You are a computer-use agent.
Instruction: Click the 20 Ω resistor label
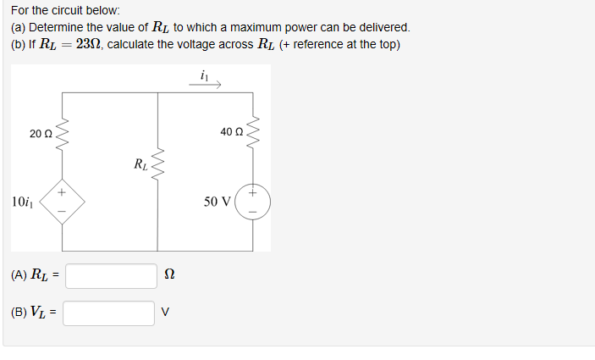tap(40, 133)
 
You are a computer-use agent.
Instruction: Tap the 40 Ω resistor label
tap(230, 132)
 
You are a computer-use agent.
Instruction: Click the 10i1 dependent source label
tap(23, 202)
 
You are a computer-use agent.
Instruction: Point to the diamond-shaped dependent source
tap(61, 203)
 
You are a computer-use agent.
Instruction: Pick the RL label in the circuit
tap(140, 163)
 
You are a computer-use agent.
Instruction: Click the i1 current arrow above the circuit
tap(209, 81)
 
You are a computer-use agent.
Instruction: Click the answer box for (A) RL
tap(111, 275)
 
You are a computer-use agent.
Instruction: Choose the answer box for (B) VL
tap(109, 313)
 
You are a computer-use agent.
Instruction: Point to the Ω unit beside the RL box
tap(168, 275)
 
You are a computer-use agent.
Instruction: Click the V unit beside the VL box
tap(166, 313)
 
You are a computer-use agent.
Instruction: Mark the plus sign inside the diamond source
tap(61, 193)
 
